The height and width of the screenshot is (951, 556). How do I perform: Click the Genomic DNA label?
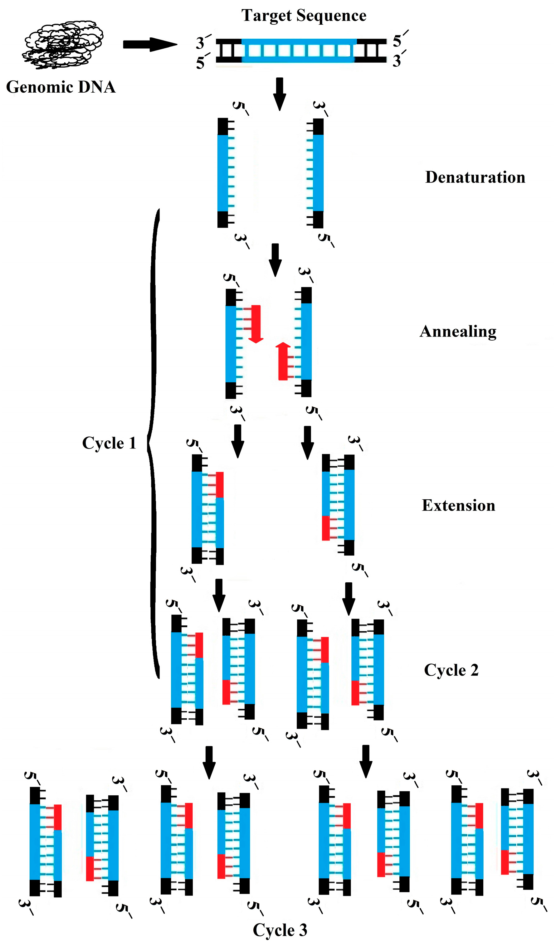[61, 87]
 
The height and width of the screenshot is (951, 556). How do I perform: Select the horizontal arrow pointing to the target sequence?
[150, 45]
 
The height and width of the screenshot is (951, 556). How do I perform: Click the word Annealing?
[458, 331]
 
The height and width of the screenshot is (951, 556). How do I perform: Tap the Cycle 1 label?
[109, 443]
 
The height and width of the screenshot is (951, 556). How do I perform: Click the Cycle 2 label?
[451, 670]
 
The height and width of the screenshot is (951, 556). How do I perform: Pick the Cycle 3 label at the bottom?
[280, 930]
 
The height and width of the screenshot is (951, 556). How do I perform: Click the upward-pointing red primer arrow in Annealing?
[283, 361]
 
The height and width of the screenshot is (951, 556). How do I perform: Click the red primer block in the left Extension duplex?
[219, 485]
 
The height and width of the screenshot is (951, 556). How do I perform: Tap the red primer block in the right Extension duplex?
[325, 528]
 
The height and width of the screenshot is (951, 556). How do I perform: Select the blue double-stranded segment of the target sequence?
[299, 50]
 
